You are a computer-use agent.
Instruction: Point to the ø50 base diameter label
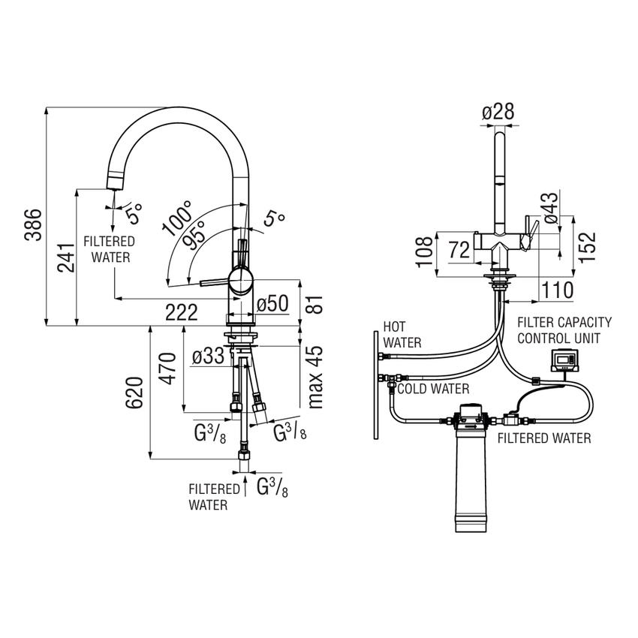click(272, 304)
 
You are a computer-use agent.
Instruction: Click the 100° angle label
click(177, 218)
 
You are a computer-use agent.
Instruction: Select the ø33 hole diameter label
click(207, 357)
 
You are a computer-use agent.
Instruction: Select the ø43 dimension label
click(550, 208)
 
